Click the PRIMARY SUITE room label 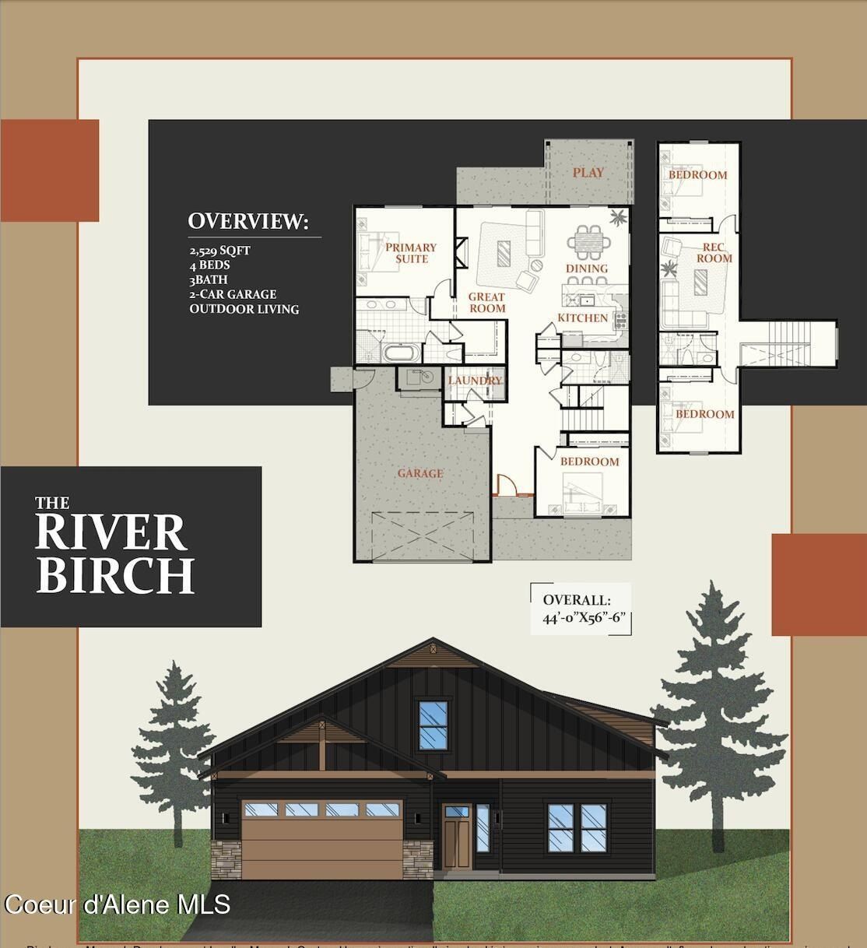411,253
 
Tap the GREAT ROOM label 486,303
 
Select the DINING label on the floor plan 586,269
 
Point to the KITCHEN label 582,318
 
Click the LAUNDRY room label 475,381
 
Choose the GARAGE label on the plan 420,473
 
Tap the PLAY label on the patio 588,173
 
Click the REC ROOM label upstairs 713,253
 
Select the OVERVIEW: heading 248,221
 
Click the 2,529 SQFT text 220,251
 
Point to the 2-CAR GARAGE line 233,294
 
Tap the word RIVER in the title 111,533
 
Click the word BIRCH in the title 114,575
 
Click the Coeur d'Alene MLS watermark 118,904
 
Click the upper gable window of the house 433,725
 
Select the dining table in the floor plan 588,243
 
